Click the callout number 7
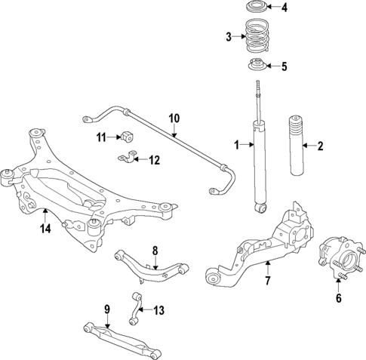coord(266,282)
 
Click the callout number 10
coord(174,118)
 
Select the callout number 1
coord(236,144)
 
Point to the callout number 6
coord(338,298)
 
